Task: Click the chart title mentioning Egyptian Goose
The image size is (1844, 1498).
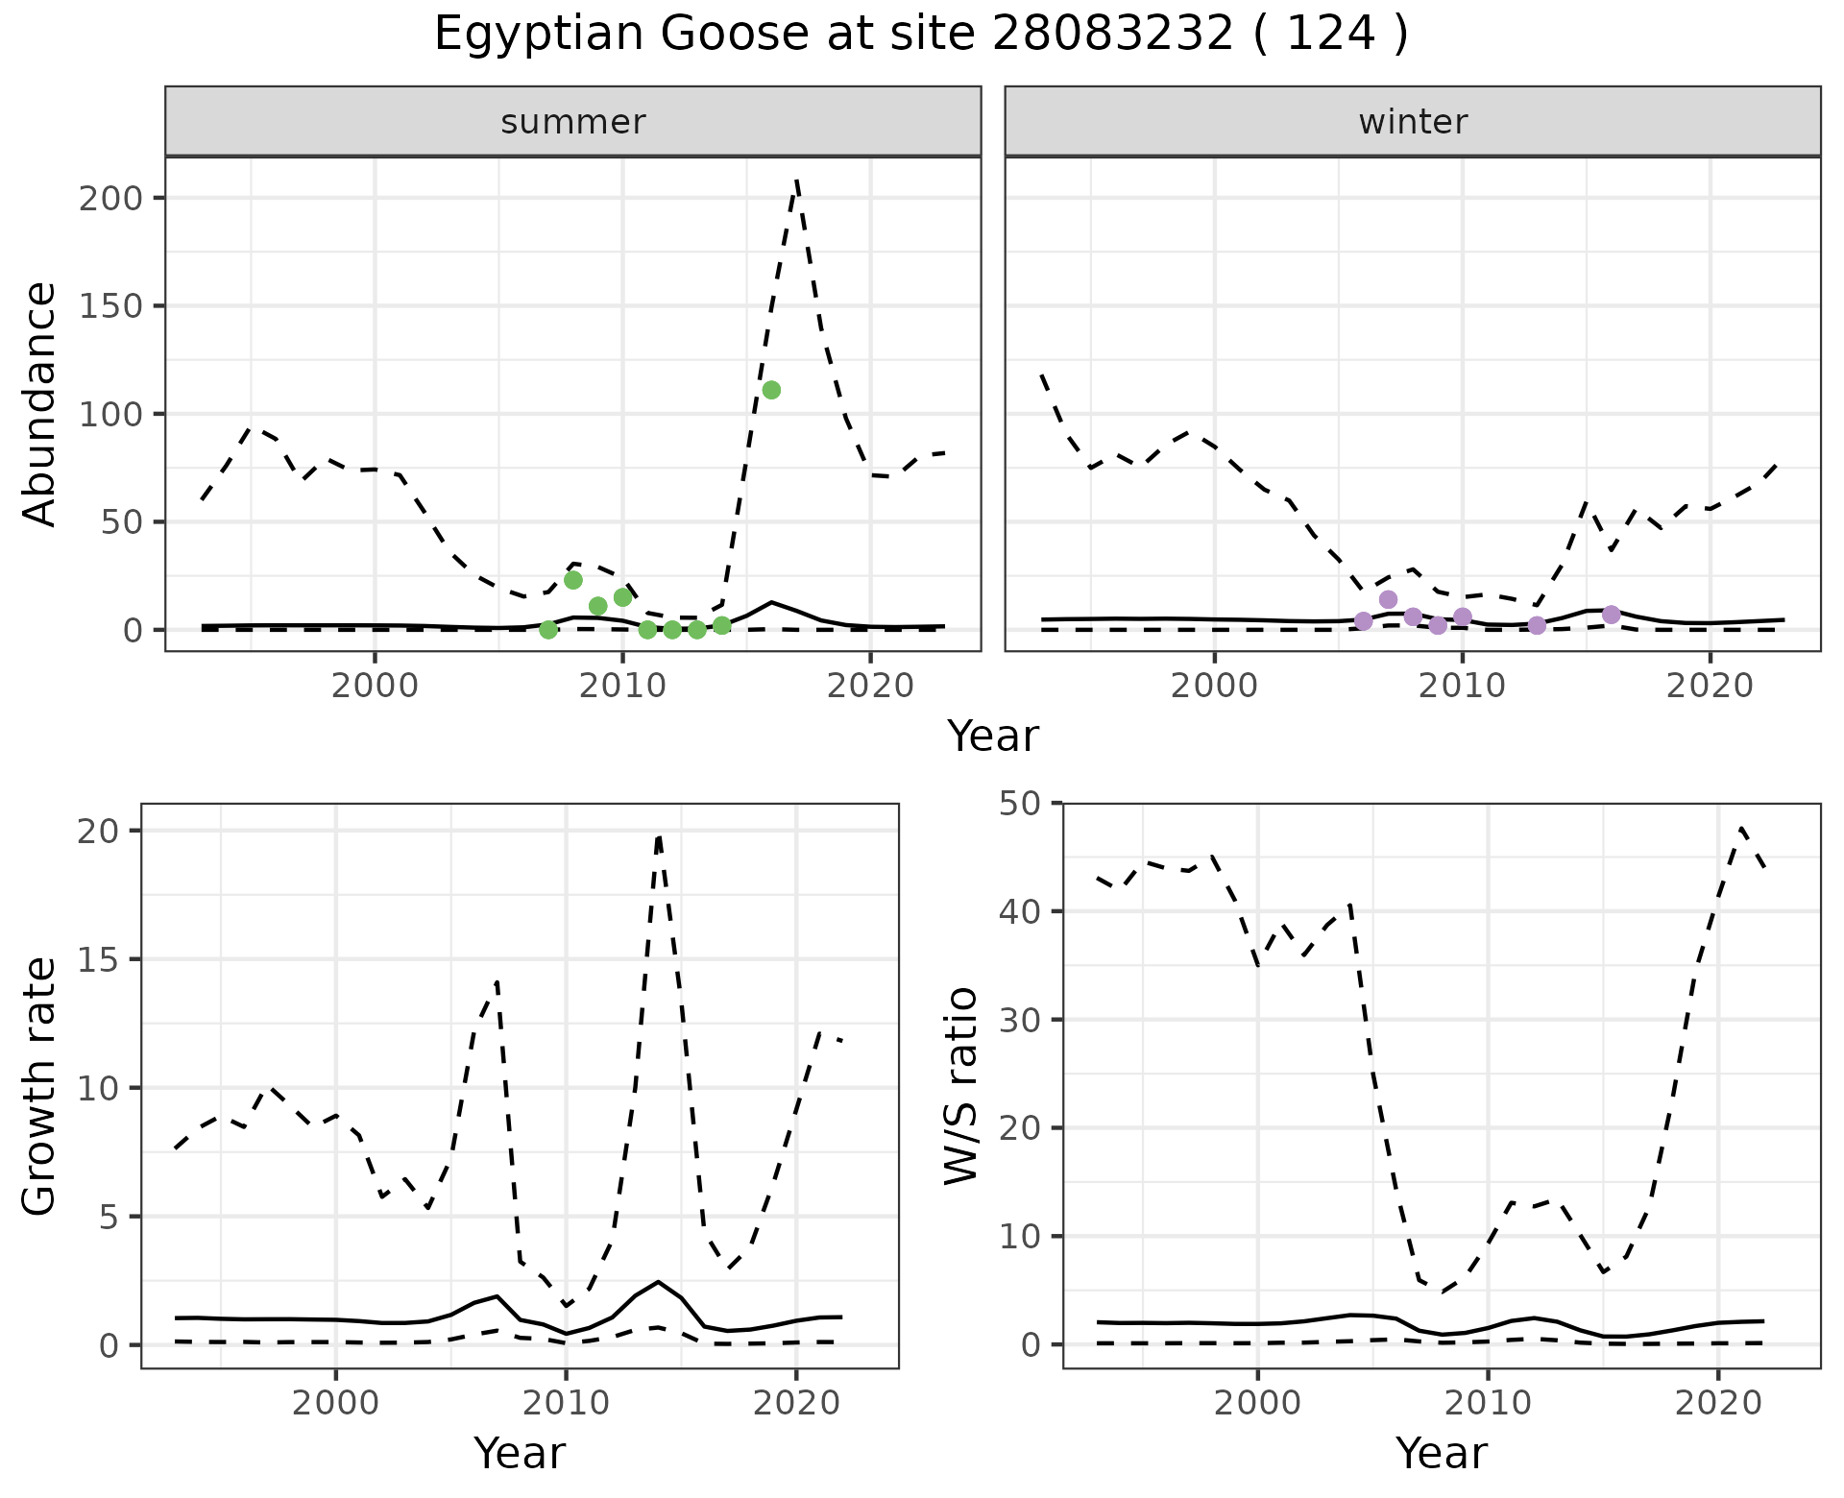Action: [921, 35]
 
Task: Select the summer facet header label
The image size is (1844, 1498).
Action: [572, 122]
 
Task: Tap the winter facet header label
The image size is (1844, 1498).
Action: [1412, 122]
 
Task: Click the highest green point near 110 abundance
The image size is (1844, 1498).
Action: [770, 390]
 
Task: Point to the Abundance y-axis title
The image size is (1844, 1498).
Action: [40, 403]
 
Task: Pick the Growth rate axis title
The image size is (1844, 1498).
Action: [40, 1085]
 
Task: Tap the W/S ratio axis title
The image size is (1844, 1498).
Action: [960, 1085]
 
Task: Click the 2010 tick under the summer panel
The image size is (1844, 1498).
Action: [622, 687]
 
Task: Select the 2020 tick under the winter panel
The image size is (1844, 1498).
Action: [1710, 687]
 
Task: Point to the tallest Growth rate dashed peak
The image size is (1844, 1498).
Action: [659, 836]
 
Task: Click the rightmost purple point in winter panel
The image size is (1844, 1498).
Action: [1611, 615]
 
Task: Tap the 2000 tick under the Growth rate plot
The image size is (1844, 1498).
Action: [335, 1403]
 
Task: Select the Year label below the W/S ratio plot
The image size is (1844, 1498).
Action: [1441, 1453]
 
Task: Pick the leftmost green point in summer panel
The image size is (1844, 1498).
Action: [548, 630]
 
